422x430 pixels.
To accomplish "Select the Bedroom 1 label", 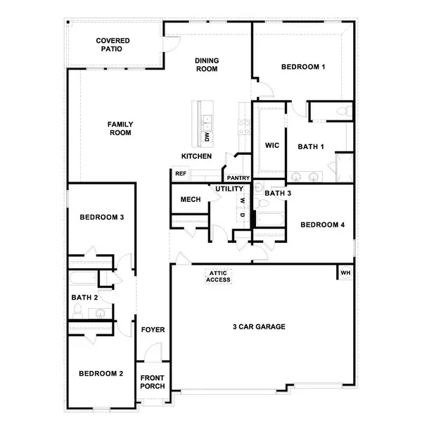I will [x=302, y=68].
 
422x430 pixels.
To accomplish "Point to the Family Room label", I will [x=120, y=128].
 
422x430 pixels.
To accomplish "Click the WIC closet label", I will [x=273, y=146].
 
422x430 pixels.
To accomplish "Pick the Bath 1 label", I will [x=310, y=146].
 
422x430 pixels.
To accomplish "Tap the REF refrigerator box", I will [x=180, y=173].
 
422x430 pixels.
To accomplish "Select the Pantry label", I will [x=237, y=178].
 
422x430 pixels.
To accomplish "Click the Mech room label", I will [x=190, y=200].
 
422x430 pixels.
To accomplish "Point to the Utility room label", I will [x=229, y=189].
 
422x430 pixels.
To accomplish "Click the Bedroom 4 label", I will [x=323, y=225].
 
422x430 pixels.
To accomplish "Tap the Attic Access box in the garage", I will [x=218, y=276].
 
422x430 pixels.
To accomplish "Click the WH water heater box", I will [x=345, y=272].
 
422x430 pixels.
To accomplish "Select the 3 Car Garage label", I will [x=260, y=327].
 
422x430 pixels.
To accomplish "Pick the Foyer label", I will [x=153, y=329].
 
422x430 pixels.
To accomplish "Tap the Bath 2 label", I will [x=83, y=297].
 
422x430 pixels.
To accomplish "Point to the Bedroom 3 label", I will [x=101, y=217].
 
